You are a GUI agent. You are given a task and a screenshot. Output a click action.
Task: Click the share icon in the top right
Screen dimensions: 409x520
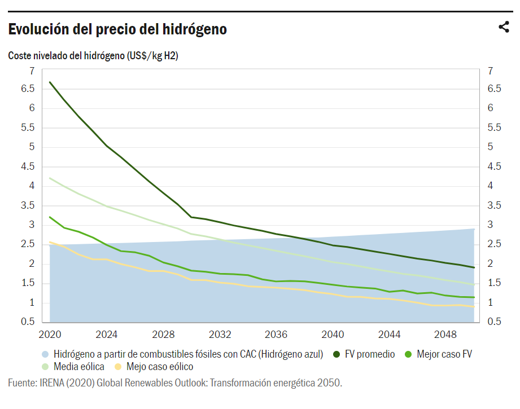(x=504, y=27)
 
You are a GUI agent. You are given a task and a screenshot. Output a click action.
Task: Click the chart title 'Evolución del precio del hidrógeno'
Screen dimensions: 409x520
(x=117, y=29)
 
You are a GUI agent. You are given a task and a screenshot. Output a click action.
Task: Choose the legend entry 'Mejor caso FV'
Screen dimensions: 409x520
(x=444, y=354)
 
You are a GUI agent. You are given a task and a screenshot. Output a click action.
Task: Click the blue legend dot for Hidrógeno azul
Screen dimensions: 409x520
(x=45, y=354)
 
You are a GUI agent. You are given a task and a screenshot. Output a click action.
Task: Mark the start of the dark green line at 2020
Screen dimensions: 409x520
(x=50, y=82)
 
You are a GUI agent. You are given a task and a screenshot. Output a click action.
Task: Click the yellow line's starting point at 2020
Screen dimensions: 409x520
(x=50, y=242)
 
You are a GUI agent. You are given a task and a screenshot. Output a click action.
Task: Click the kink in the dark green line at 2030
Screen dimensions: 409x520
(x=191, y=217)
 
